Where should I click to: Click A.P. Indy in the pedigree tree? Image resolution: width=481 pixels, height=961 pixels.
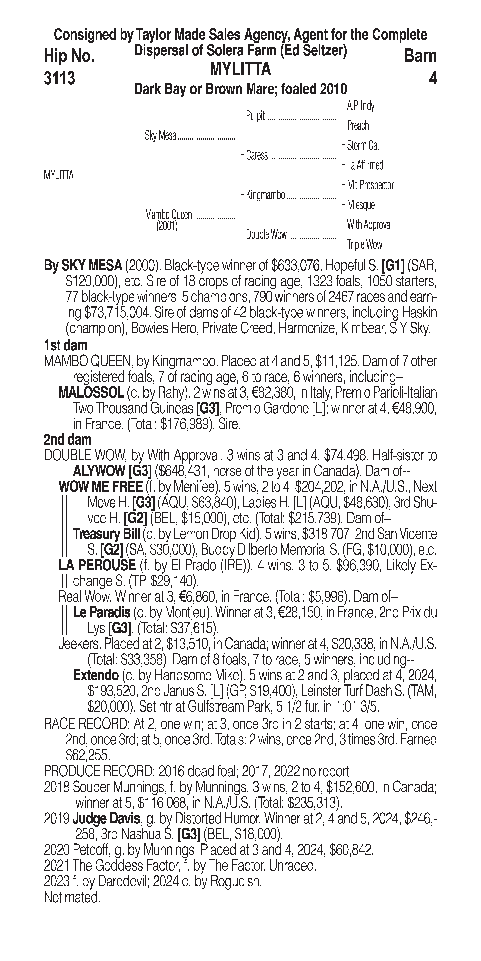point(361,106)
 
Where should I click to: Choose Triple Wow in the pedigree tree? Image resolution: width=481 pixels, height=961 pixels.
point(364,245)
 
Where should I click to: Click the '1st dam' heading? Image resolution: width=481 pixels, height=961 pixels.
point(66,345)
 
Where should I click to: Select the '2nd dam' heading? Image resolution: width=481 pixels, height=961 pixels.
point(68,439)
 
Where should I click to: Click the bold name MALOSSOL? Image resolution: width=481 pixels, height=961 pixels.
point(91,392)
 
